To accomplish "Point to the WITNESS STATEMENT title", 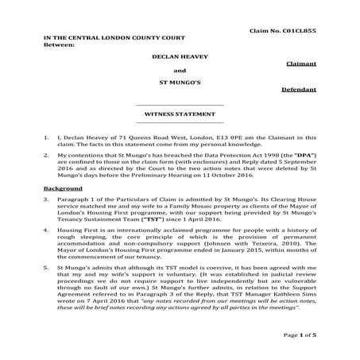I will (180, 114).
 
